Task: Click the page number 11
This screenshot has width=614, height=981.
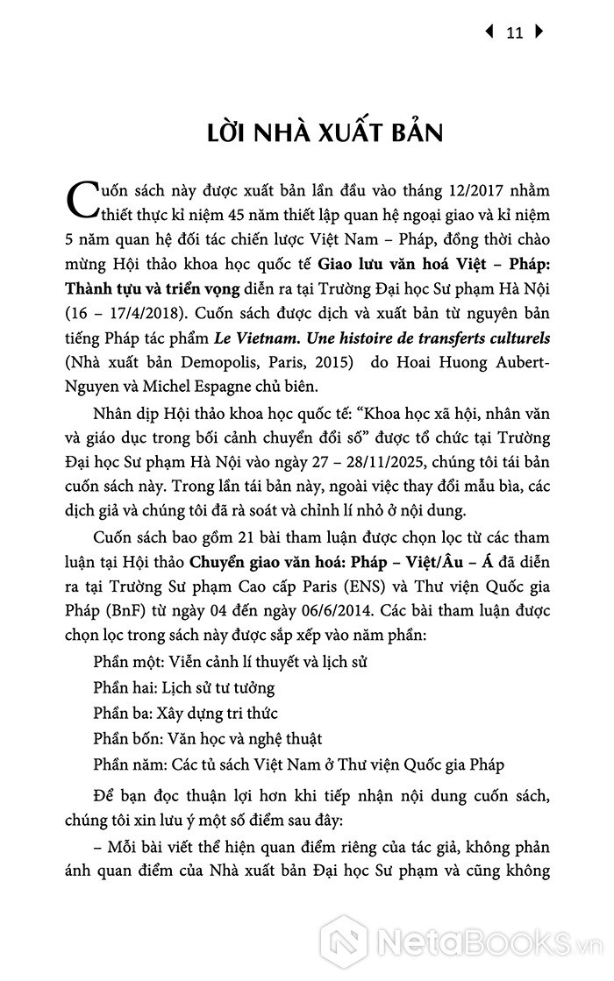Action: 515,33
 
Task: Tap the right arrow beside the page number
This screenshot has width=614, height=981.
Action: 539,32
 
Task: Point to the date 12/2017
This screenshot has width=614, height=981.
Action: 436,191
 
